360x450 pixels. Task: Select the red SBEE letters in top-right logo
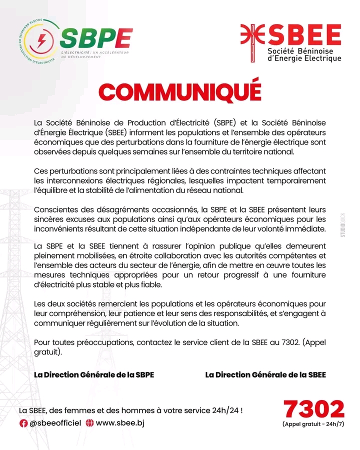click(305, 34)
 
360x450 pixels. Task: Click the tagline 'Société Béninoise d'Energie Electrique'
click(304, 55)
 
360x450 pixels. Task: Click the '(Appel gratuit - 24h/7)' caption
click(313, 424)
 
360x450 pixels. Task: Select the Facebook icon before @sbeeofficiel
click(23, 423)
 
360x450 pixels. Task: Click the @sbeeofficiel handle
click(55, 423)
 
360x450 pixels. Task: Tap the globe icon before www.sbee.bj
click(90, 423)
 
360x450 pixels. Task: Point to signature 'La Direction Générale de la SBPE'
click(93, 375)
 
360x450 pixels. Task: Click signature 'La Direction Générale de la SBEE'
click(265, 375)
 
